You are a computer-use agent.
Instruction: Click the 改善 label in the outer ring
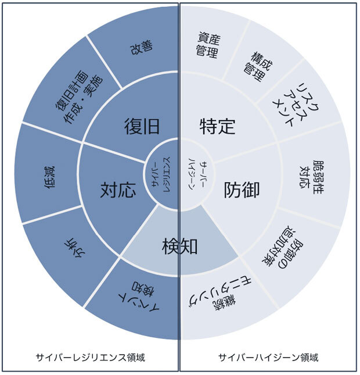pyautogui.click(x=141, y=47)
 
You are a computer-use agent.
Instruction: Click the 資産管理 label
pyautogui.click(x=207, y=45)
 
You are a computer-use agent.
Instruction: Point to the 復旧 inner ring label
pyautogui.click(x=142, y=126)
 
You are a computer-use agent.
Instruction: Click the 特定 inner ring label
pyautogui.click(x=217, y=126)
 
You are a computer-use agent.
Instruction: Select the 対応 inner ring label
pyautogui.click(x=118, y=190)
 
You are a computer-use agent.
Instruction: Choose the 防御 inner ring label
pyautogui.click(x=242, y=190)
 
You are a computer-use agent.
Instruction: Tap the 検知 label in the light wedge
pyautogui.click(x=180, y=247)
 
